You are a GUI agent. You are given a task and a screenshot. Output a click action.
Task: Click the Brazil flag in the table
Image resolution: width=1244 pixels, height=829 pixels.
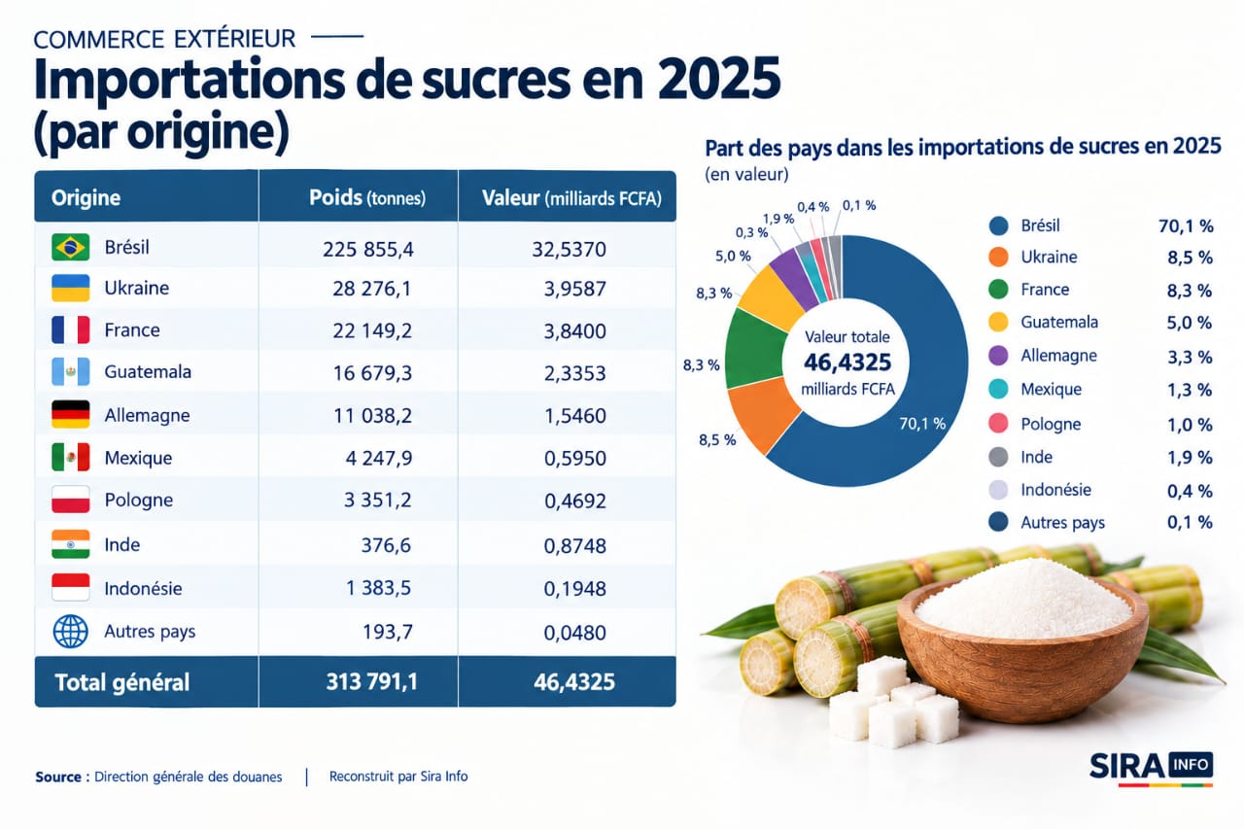71,247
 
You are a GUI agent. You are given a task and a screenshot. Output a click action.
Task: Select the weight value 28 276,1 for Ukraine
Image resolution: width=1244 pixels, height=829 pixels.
371,289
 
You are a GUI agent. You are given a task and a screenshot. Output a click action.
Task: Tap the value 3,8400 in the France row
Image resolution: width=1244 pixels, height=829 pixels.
574,331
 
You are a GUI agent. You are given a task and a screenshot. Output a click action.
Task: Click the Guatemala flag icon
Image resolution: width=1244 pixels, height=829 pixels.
71,371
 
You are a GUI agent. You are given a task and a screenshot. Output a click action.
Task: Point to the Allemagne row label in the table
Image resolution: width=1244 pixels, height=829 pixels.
147,415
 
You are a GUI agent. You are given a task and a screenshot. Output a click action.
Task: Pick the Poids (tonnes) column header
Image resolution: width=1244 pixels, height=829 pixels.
367,197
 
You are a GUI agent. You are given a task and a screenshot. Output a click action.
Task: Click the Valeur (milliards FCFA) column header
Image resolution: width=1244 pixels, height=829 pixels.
571,198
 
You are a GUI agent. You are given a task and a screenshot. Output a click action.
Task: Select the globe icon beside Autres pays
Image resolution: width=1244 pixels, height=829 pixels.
71,632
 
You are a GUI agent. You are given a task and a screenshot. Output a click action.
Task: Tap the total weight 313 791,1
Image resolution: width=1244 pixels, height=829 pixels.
371,682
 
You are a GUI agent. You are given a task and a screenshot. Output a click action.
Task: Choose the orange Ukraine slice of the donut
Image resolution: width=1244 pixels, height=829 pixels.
762,415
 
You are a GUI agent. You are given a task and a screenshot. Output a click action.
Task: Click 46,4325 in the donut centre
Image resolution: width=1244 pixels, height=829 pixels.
847,363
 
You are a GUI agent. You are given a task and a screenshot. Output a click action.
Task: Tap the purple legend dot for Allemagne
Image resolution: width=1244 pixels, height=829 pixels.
998,356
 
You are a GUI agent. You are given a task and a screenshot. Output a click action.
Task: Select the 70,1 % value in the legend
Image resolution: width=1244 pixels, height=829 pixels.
1186,226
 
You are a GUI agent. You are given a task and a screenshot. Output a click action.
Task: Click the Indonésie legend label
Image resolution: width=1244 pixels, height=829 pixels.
1055,490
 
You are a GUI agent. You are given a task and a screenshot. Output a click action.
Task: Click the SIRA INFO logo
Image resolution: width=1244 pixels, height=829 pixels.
1152,769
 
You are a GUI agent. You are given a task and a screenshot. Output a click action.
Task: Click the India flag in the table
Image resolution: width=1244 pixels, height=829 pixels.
71,544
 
